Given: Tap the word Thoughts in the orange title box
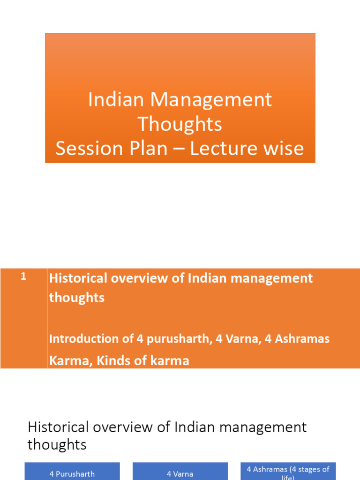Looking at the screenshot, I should tap(180, 124).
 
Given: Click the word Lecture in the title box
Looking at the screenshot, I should tap(234, 149).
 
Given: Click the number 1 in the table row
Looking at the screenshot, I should tap(23, 277).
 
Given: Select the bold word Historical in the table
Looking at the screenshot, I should tap(78, 278).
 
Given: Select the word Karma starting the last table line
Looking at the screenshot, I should tap(64, 361).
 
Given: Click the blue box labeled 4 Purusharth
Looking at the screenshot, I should tap(72, 472).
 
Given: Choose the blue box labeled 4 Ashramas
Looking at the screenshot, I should tap(288, 472).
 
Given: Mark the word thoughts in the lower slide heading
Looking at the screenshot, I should tap(57, 444).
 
